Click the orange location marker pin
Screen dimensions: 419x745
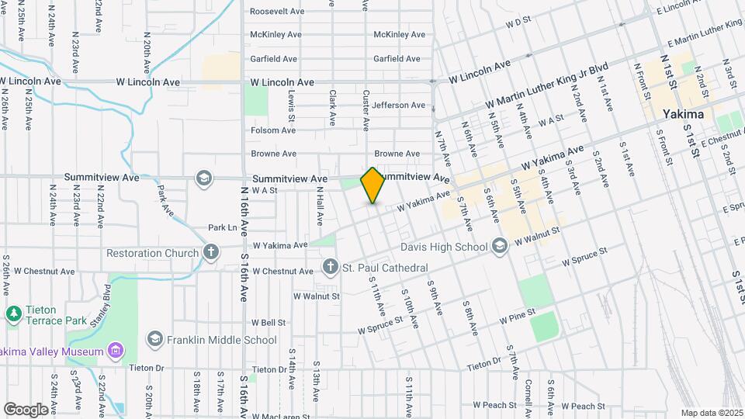[x=373, y=185]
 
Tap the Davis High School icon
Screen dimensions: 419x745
[x=501, y=247]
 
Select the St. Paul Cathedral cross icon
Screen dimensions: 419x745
[x=330, y=268]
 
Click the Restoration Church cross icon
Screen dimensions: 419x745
[x=210, y=252]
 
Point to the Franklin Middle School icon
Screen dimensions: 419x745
[x=155, y=339]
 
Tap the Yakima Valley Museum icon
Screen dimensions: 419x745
[x=116, y=351]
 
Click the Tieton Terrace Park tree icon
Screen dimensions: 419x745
[x=12, y=314]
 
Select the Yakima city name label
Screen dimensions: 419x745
[x=683, y=114]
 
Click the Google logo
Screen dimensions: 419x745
[x=26, y=409]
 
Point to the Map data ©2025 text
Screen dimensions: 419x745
[x=711, y=413]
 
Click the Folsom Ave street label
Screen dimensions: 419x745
[x=273, y=130]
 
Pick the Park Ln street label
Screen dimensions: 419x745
[x=222, y=227]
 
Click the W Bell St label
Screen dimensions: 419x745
[x=269, y=322]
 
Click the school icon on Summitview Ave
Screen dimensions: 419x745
[x=203, y=178]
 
